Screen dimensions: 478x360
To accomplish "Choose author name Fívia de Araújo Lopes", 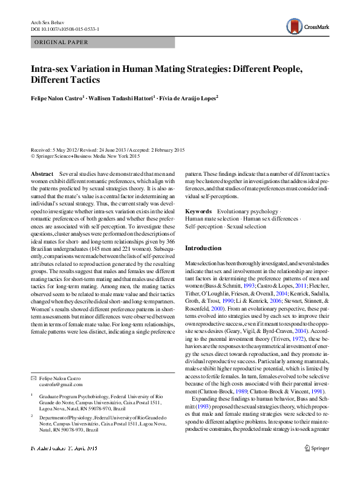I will click(188, 97).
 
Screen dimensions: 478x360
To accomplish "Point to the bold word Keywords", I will click(198, 211).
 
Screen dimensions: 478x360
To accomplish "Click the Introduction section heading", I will click(203, 248).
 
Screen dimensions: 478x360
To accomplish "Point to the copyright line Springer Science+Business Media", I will click(85, 155).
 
